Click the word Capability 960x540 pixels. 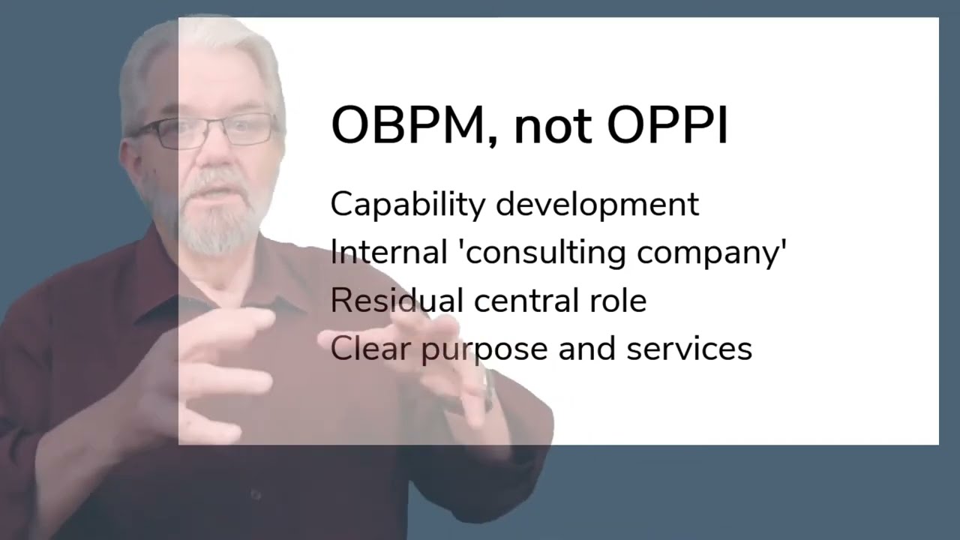408,205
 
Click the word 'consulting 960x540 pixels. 544,253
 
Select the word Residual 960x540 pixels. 397,300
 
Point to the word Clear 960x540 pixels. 370,348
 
